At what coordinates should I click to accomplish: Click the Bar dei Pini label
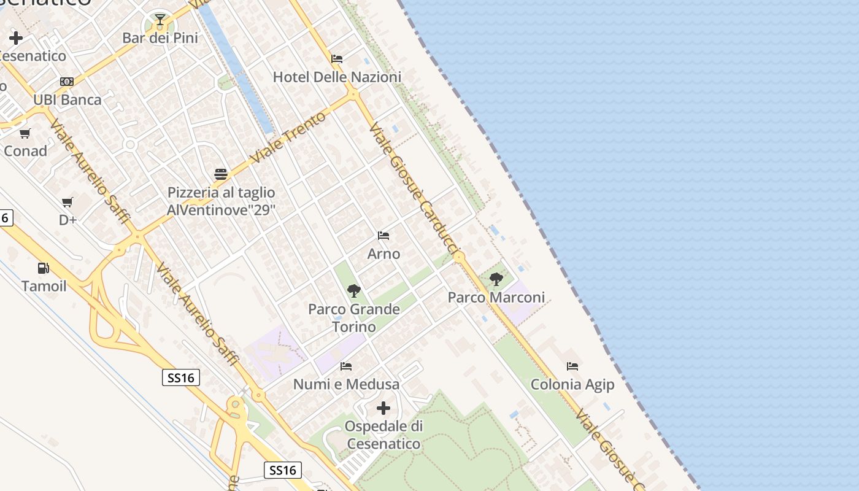click(x=160, y=38)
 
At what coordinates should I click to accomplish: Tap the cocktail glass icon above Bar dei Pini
click(x=160, y=20)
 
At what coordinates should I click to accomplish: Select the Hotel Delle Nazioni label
click(x=337, y=77)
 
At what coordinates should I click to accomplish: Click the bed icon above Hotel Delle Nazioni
click(x=337, y=59)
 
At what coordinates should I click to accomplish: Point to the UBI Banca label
click(x=67, y=100)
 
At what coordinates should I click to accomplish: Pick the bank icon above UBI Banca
click(x=67, y=82)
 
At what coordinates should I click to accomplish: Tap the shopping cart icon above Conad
click(x=25, y=133)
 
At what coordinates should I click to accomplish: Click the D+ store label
click(x=67, y=220)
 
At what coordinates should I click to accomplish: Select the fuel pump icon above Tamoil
click(x=43, y=268)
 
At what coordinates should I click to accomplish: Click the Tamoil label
click(x=44, y=286)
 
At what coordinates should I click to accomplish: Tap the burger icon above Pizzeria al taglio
click(x=221, y=174)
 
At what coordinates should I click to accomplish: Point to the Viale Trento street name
click(x=289, y=138)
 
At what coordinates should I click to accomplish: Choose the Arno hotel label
click(x=383, y=253)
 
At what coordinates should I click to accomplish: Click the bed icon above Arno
click(x=383, y=236)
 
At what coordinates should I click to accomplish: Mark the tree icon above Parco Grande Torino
click(x=353, y=290)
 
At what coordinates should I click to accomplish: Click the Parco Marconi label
click(x=496, y=298)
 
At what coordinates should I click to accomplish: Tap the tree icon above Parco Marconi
click(x=496, y=280)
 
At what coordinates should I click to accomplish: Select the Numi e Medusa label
click(x=346, y=385)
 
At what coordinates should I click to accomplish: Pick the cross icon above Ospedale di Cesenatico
click(x=383, y=408)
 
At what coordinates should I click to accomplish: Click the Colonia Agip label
click(x=572, y=385)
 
